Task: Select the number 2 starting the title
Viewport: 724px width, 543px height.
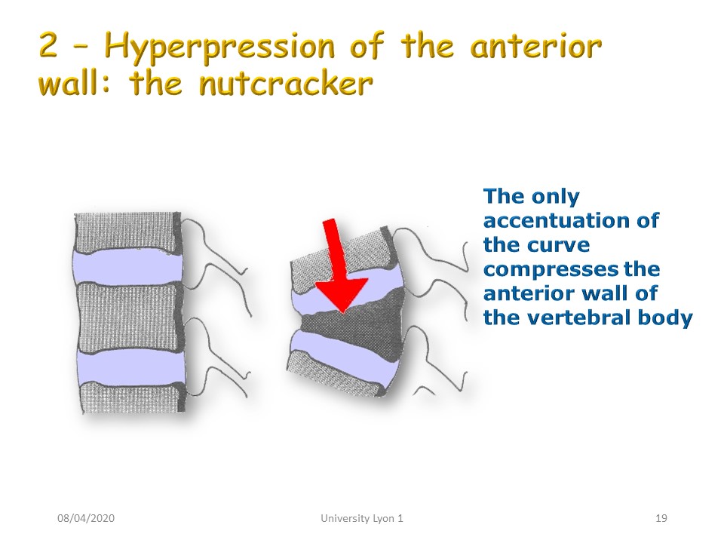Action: [x=48, y=45]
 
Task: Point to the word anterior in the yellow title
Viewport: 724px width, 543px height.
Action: [x=535, y=46]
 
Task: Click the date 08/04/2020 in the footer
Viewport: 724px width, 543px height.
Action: [x=86, y=518]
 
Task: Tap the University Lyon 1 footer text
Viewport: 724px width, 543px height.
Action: [x=362, y=518]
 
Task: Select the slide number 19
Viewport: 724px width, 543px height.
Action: [x=661, y=518]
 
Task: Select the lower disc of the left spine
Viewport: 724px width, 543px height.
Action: [x=130, y=368]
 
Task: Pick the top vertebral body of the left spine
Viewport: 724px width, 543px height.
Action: [x=127, y=232]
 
